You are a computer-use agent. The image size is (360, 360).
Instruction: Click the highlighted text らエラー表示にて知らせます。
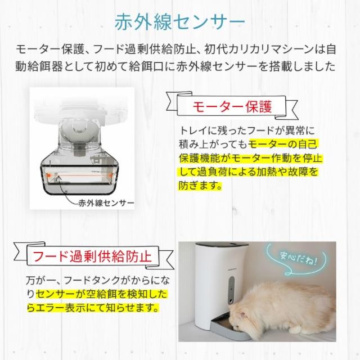(x=92, y=308)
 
